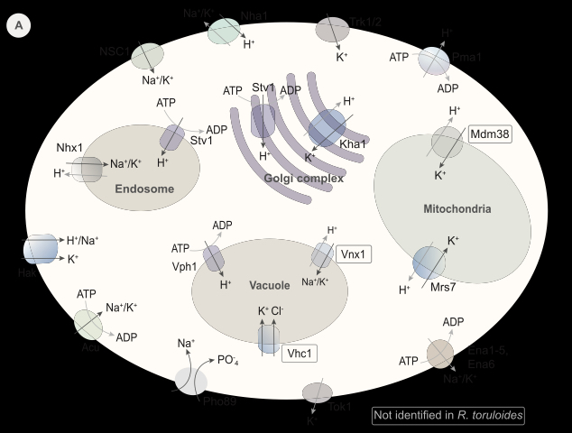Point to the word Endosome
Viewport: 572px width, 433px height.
144,189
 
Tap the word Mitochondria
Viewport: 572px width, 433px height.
457,209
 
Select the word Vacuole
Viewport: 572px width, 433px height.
268,285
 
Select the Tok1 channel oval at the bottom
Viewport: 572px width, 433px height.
316,392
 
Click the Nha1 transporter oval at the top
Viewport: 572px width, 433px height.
223,31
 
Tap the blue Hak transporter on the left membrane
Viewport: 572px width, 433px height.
41,249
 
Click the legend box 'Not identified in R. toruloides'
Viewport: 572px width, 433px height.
447,416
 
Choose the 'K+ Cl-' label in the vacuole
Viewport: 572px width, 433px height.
271,312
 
